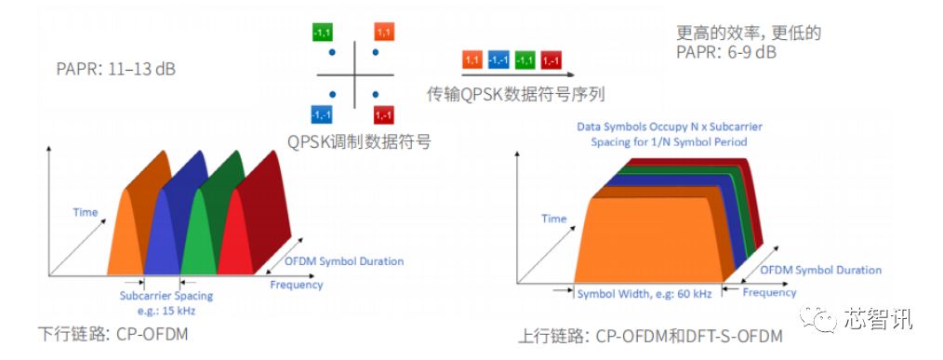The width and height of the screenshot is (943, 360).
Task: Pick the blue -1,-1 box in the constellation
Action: click(x=322, y=114)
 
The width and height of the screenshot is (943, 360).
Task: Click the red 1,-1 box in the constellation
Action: click(x=384, y=114)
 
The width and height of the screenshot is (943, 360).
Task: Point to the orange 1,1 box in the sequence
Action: click(x=472, y=60)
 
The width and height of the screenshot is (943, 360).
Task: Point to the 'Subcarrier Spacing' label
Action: click(x=163, y=296)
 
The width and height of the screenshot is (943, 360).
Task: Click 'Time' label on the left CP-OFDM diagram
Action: click(x=86, y=212)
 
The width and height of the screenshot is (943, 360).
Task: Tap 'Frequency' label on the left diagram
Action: click(x=297, y=285)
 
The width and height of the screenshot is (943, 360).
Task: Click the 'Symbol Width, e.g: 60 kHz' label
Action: click(x=644, y=293)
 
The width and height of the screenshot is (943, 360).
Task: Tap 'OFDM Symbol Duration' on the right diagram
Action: click(x=821, y=270)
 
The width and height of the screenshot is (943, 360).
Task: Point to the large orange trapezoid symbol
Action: click(x=642, y=233)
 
